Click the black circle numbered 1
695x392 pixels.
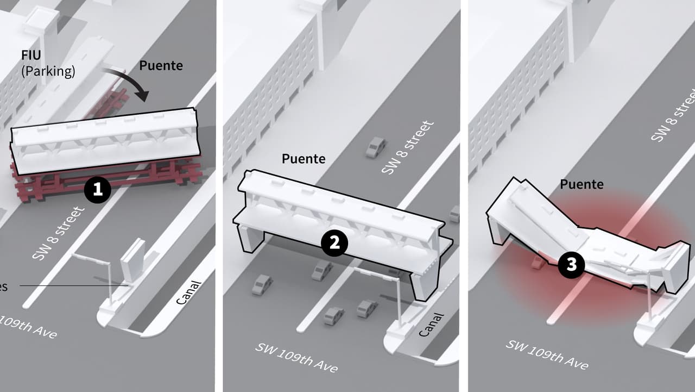[x=98, y=190]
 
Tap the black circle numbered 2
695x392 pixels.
[x=334, y=243]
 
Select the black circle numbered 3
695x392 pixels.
[x=572, y=265]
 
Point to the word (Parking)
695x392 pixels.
[x=48, y=71]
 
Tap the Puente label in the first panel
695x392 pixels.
[x=161, y=66]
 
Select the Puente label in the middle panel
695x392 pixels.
[x=304, y=159]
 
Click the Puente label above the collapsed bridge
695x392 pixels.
[x=582, y=184]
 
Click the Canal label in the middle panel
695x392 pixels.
[x=432, y=325]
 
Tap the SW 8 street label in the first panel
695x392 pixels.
[x=59, y=233]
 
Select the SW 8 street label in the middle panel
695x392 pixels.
[x=408, y=147]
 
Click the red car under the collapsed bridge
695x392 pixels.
[x=538, y=262]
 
